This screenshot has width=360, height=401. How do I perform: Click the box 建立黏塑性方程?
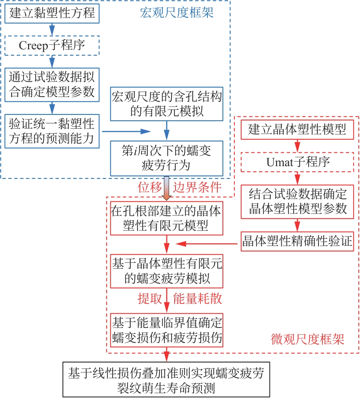52,13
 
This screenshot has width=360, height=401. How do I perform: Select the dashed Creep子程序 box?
52,45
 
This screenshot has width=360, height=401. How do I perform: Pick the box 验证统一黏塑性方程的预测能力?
52,131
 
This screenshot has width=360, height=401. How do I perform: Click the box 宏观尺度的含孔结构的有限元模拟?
167,104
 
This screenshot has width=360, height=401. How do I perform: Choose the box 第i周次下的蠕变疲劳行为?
167,158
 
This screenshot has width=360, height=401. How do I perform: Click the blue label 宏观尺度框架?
177,13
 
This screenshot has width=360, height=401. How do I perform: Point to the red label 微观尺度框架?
307,339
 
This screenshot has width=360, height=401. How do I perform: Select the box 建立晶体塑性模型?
297,130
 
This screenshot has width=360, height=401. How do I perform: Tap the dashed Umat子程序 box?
297,162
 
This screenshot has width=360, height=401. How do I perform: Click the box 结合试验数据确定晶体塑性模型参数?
297,201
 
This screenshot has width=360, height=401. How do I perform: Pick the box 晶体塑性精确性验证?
300,242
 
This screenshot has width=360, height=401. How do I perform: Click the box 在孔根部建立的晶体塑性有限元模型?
166,218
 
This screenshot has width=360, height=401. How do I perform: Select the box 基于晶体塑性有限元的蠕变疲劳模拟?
167,272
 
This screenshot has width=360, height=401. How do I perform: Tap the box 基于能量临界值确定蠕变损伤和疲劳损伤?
167,330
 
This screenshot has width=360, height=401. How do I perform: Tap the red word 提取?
149,299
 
